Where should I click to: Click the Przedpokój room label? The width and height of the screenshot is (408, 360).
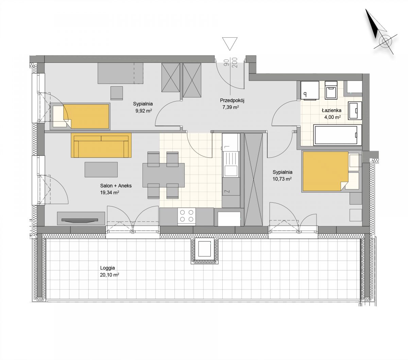pyautogui.click(x=232, y=101)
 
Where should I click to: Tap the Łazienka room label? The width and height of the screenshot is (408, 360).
pyautogui.click(x=331, y=110)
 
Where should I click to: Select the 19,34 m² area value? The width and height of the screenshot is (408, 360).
pyautogui.click(x=109, y=192)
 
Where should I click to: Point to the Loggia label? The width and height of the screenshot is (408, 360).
pyautogui.click(x=107, y=268)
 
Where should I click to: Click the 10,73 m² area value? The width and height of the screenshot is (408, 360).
pyautogui.click(x=282, y=179)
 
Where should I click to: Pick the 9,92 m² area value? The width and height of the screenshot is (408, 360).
pyautogui.click(x=143, y=111)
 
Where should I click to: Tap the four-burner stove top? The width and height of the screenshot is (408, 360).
pyautogui.click(x=186, y=216)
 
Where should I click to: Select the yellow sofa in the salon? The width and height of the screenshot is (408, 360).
pyautogui.click(x=101, y=145)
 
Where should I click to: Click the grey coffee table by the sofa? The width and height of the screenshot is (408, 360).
pyautogui.click(x=101, y=169)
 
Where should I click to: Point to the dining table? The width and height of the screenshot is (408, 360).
pyautogui.click(x=163, y=175)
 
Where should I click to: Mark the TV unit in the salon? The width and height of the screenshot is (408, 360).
pyautogui.click(x=81, y=218)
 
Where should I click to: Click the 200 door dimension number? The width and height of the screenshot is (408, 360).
pyautogui.click(x=235, y=62)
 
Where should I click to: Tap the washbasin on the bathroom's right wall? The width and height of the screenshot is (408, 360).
pyautogui.click(x=355, y=110)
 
